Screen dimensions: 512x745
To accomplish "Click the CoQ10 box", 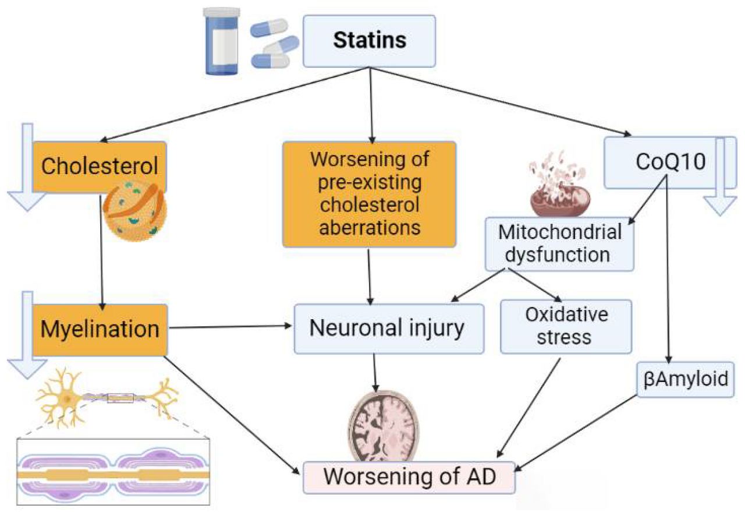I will [x=658, y=163].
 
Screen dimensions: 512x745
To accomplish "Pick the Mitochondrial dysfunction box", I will [x=559, y=243].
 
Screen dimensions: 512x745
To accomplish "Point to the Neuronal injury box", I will [x=389, y=329].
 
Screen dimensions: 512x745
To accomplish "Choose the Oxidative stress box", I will [x=566, y=326].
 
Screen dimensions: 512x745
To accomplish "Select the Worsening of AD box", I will [x=410, y=476].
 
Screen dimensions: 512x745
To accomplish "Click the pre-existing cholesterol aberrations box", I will [x=369, y=194].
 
